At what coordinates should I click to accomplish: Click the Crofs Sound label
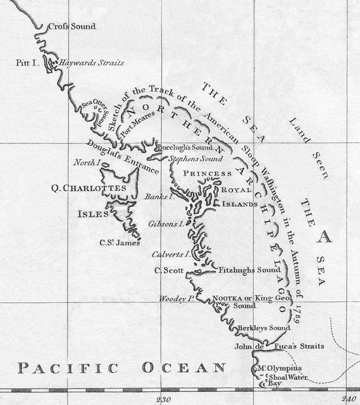pyautogui.click(x=72, y=26)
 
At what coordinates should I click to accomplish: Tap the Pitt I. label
pyautogui.click(x=27, y=63)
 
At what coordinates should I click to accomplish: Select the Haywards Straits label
pyautogui.click(x=92, y=64)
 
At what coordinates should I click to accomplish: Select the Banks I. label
pyautogui.click(x=157, y=195)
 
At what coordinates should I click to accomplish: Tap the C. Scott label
pyautogui.click(x=166, y=269)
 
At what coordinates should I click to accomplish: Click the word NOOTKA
pyautogui.click(x=228, y=298)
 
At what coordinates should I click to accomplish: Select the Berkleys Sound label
pyautogui.click(x=263, y=328)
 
